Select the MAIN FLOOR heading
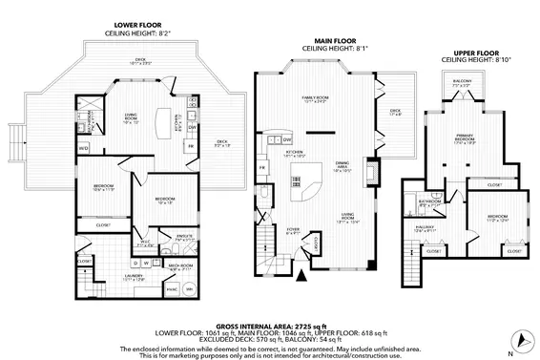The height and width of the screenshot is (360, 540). (329, 40)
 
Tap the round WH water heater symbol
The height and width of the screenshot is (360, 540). (188, 289)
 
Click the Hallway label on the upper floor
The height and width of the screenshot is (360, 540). (426, 228)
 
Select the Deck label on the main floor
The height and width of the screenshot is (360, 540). (395, 112)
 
